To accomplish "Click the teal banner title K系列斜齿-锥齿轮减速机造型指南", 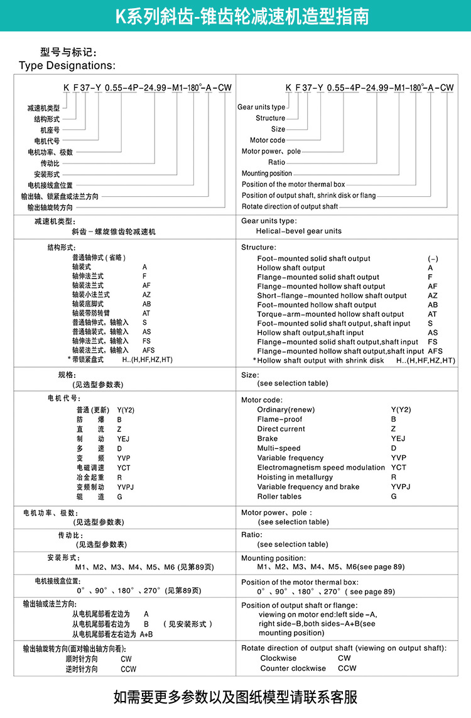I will (x=242, y=16).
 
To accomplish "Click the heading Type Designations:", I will (x=67, y=65).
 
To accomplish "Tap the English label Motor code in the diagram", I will (x=268, y=140).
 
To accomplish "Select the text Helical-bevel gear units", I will (x=299, y=231).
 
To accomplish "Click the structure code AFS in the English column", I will (x=435, y=351).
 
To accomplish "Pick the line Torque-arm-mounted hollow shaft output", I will (x=330, y=314).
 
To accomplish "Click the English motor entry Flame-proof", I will (x=279, y=419).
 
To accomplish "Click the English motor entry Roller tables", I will (x=279, y=497).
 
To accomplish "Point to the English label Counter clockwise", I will (x=293, y=668).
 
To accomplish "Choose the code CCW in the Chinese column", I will (x=128, y=670).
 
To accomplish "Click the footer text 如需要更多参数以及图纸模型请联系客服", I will (x=235, y=697).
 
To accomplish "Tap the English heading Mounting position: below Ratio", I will (x=273, y=558).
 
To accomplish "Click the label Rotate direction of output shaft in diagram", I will (x=290, y=206).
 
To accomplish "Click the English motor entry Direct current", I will (x=281, y=429).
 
